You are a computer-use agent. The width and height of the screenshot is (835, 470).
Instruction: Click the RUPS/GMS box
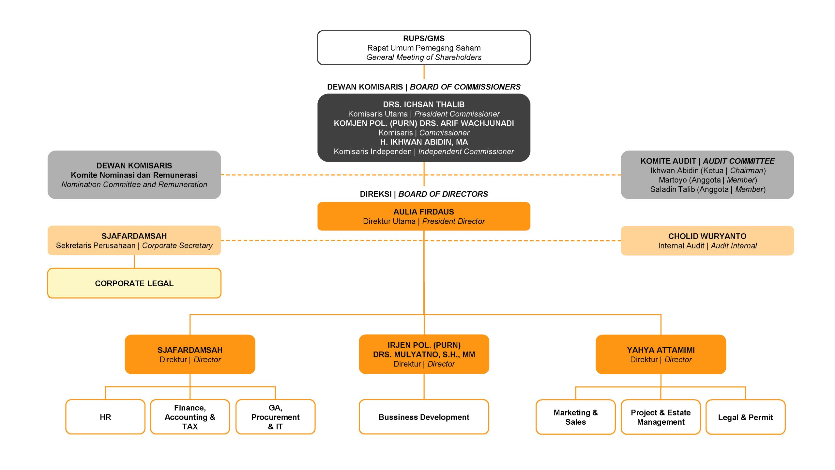click(x=424, y=48)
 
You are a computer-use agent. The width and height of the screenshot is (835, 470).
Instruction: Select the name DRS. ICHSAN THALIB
click(x=424, y=104)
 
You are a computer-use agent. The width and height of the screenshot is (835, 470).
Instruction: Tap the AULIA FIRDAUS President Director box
click(x=424, y=216)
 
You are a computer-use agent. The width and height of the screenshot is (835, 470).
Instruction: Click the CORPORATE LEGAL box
click(x=134, y=283)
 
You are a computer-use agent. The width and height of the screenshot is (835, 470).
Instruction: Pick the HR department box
click(x=105, y=417)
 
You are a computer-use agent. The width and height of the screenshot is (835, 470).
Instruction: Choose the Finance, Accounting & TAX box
click(x=190, y=417)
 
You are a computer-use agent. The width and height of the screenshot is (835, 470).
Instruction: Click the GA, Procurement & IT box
click(x=275, y=417)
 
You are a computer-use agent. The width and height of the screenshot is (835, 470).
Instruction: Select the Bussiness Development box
click(x=424, y=417)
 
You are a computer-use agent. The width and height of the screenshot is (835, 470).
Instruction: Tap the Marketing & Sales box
click(x=575, y=417)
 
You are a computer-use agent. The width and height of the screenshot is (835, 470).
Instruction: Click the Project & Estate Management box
click(x=660, y=417)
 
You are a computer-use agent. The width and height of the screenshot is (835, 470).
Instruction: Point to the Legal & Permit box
click(x=745, y=417)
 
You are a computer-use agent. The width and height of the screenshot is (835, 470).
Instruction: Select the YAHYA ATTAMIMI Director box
click(x=661, y=354)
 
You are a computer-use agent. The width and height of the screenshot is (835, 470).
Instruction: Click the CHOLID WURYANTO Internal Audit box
click(x=707, y=241)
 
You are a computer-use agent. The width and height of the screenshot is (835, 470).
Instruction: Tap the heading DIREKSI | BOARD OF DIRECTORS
click(x=424, y=194)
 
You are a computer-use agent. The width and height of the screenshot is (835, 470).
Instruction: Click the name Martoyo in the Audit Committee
click(x=673, y=180)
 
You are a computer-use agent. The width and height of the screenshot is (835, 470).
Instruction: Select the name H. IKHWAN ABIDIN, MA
click(x=424, y=142)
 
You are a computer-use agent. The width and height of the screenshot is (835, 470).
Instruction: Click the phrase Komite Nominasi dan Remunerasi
click(x=134, y=175)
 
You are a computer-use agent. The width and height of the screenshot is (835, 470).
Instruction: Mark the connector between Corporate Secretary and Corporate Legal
click(x=134, y=262)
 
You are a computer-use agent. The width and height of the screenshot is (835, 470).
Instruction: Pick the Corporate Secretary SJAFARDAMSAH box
click(x=134, y=241)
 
